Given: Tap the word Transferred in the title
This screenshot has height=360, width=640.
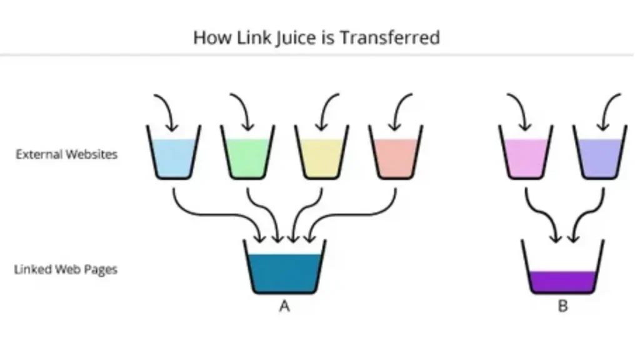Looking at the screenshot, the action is pyautogui.click(x=390, y=37).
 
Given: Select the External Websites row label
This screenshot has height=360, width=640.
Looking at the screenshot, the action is pyautogui.click(x=66, y=154).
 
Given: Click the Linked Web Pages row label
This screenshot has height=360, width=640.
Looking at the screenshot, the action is pyautogui.click(x=66, y=269).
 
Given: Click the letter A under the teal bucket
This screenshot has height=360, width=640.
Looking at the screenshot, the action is pyautogui.click(x=284, y=306).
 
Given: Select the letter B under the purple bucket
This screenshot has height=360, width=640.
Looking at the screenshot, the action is pyautogui.click(x=563, y=306).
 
